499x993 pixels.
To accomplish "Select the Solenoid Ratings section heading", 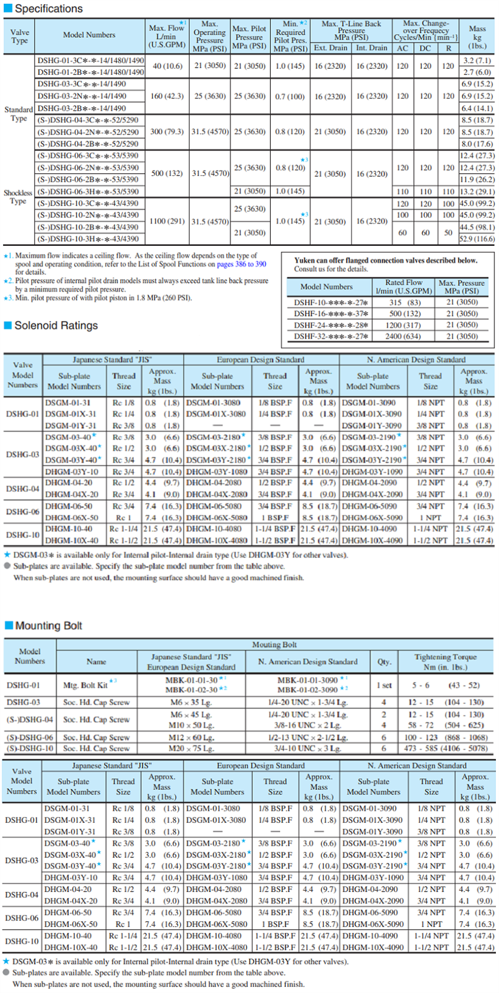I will tap(55, 326).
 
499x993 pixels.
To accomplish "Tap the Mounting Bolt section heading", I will tap(48, 625).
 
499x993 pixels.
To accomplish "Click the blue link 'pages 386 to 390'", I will tap(242, 264).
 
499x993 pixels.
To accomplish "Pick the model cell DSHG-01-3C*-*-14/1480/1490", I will tap(91, 60).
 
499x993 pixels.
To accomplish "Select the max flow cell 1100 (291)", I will tap(167, 221).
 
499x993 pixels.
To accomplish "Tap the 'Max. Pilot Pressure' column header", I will tap(249, 37).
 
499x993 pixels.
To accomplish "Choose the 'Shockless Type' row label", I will tap(18, 197).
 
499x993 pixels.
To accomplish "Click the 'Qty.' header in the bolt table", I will tap(384, 661).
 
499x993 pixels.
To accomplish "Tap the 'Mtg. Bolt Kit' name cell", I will tap(85, 685).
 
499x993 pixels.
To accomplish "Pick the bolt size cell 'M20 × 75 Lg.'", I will tap(190, 748).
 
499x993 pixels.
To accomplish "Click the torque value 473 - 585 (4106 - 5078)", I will tap(445, 748).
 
